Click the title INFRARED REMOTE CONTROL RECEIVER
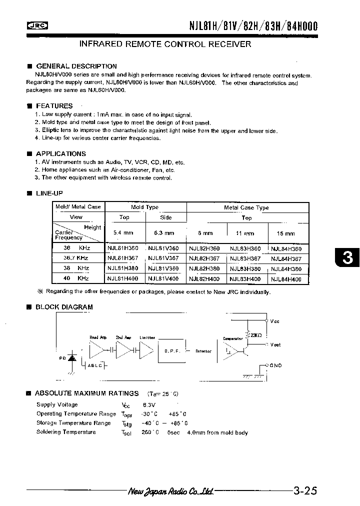(165, 44)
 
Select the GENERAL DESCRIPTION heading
(76, 66)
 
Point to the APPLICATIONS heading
(61, 153)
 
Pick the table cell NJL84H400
(286, 279)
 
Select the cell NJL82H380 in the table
(204, 269)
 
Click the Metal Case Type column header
(246, 207)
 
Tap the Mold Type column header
(145, 207)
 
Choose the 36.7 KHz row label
(76, 258)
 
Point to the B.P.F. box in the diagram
(171, 351)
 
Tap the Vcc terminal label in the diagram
(274, 321)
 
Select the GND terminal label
(275, 365)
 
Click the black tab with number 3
(347, 258)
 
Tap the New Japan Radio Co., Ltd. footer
(171, 491)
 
